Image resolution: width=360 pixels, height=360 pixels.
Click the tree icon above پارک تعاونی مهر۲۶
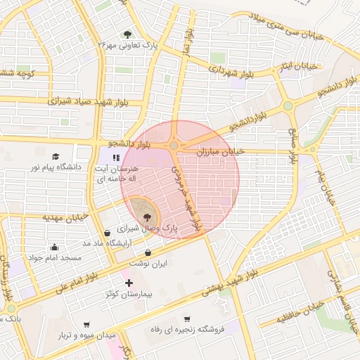point(127,34)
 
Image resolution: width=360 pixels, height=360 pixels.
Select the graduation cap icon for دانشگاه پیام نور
point(56,156)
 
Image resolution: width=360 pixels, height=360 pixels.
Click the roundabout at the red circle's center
point(174,146)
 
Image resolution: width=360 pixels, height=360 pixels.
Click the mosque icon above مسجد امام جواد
point(54,247)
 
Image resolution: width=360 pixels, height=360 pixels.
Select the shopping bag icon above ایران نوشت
point(148,252)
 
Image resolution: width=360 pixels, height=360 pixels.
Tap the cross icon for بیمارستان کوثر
point(129,283)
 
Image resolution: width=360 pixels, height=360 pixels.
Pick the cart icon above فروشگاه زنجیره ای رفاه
point(187,319)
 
